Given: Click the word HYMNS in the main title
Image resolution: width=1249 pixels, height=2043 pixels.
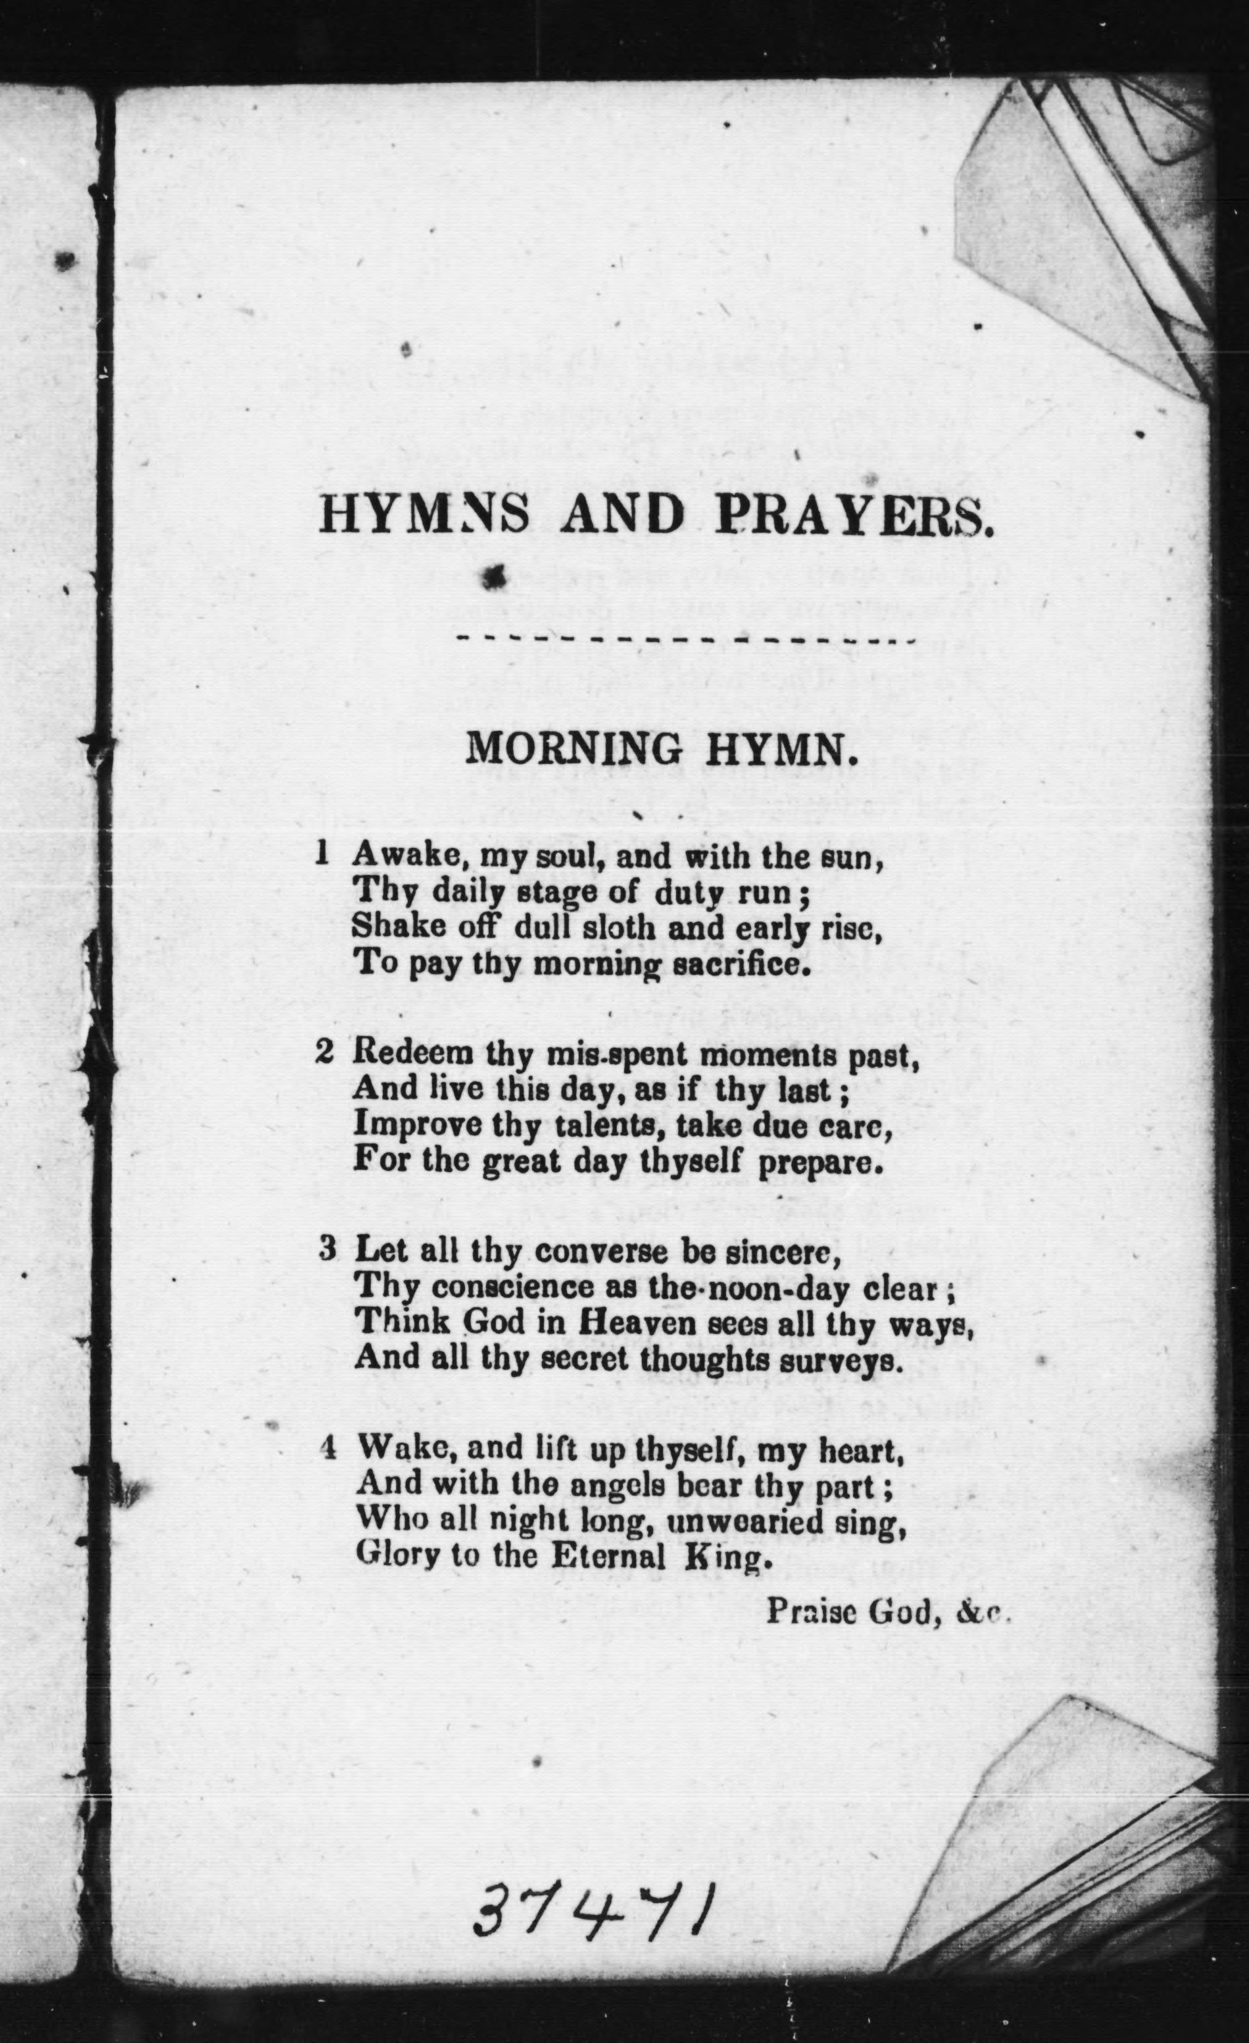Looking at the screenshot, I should (x=424, y=515).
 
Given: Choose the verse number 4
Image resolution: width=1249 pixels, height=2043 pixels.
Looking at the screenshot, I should (x=328, y=1447).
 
